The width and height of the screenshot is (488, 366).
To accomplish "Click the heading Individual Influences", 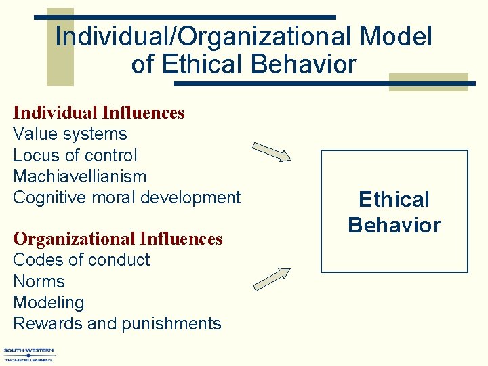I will coord(99,113).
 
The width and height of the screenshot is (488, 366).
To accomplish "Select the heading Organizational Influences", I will coord(118,239).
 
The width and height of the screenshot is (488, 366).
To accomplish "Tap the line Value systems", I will coord(70,134).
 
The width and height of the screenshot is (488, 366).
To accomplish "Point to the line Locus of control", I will coord(75,155).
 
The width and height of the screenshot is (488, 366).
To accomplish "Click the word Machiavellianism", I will coord(79,176).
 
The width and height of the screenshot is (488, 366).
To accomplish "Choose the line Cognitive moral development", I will coord(127,197).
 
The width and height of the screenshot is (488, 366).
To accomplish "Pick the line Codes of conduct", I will coord(81,260).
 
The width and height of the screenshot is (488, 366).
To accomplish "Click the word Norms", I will coord(39,281).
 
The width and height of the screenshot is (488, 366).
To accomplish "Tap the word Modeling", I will coord(49,302).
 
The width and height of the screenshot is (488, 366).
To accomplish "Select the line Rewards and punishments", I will coord(117,323).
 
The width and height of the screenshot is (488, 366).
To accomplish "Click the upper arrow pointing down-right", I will coord(271,152).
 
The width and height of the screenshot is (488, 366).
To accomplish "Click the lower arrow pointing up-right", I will coord(271,279).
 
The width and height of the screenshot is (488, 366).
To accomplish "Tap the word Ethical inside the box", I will coord(394,200).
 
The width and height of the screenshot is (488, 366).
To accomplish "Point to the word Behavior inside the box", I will coord(394,225).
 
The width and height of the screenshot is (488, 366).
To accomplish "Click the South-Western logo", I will coord(30,354).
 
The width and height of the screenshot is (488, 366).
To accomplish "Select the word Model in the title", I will coord(397,37).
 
